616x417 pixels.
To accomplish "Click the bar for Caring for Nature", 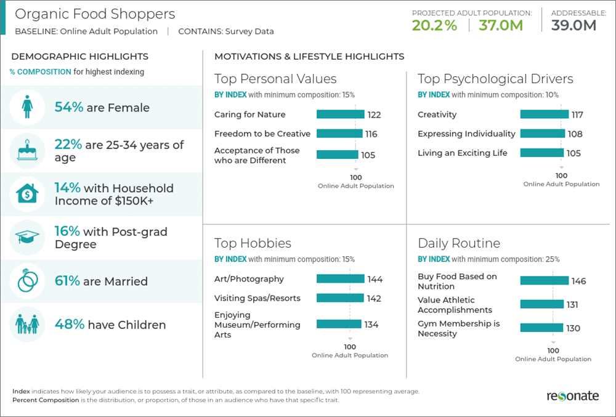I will tap(340, 114).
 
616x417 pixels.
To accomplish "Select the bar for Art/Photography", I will tap(340, 278).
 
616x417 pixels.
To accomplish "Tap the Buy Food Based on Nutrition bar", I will tap(545, 281).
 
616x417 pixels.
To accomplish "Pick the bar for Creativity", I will tap(545, 114).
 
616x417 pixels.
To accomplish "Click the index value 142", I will tap(375, 298).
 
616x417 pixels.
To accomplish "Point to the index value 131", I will tap(573, 304).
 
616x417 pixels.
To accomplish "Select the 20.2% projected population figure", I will tap(435, 25).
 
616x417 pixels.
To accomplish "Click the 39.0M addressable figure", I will tap(573, 25).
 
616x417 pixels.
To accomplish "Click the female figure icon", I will tap(27, 107).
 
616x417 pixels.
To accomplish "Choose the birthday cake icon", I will tap(27, 150).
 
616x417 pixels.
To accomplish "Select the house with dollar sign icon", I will tap(27, 194).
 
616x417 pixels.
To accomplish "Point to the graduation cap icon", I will tap(27, 238).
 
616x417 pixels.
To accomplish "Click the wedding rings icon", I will tap(27, 281).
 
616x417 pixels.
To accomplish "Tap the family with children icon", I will tap(27, 325).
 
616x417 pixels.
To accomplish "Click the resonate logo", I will tap(572, 396).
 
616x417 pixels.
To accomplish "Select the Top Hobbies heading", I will tap(253, 243).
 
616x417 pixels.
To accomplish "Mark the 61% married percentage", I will tap(67, 281).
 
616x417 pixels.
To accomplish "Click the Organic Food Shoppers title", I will tap(95, 14).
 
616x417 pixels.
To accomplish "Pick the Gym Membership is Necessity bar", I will tap(541, 328).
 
